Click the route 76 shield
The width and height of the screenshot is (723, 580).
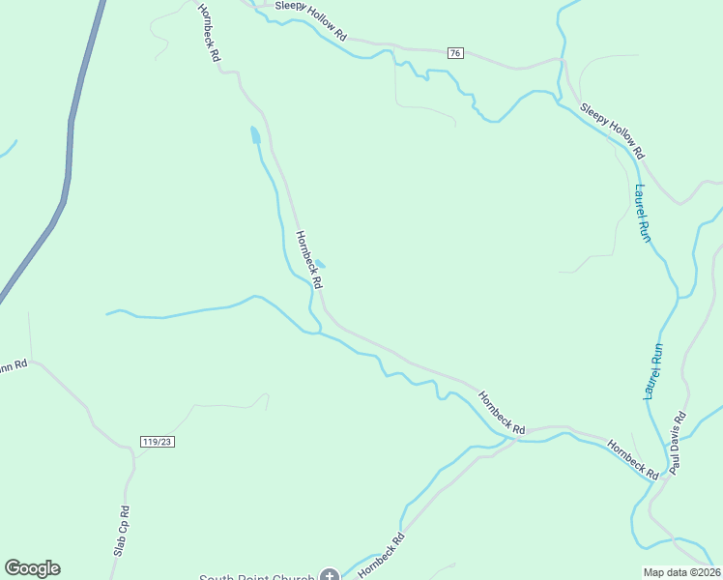point(455,53)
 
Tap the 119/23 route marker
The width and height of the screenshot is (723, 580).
point(156,441)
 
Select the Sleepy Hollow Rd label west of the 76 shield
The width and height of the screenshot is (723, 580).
point(310,19)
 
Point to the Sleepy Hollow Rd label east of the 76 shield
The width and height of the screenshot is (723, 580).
point(612,130)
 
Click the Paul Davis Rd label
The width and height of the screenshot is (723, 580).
point(679,443)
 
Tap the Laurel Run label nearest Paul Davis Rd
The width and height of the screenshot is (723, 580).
point(655,372)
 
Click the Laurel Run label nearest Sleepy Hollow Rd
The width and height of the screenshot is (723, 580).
point(643,213)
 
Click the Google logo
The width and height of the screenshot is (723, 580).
point(32,568)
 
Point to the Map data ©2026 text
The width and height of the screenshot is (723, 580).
point(681,572)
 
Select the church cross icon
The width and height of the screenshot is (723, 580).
point(330,577)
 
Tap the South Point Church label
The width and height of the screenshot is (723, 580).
point(256,577)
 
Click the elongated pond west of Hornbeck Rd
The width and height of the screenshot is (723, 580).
point(255,134)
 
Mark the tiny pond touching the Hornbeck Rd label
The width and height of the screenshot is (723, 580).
point(319,263)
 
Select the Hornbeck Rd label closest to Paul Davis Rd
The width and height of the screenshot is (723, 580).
point(633,459)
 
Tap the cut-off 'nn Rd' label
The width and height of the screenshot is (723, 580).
point(14,365)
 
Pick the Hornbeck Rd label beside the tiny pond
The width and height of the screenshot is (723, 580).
point(308,260)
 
